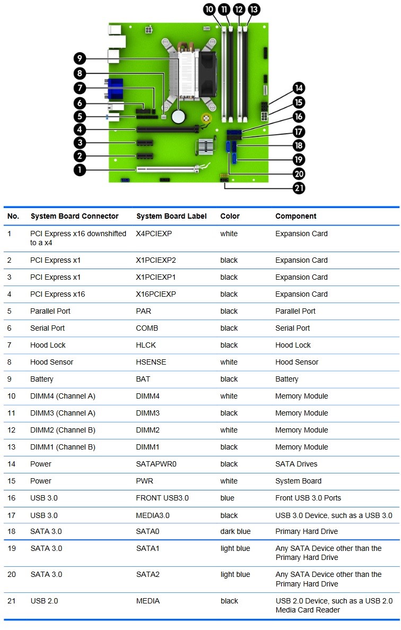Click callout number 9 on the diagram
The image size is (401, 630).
point(80,58)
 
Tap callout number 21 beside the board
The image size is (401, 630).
point(299,187)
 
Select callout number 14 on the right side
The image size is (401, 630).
point(299,88)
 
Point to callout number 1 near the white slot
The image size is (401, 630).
point(80,170)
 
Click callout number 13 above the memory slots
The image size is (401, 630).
point(254,9)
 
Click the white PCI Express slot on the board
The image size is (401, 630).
point(167,170)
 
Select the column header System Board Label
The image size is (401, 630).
point(168,216)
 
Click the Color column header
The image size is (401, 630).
point(230,216)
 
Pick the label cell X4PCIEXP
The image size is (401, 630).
point(154,234)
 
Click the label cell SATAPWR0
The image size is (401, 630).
point(156,464)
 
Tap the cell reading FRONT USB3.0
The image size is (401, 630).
point(162,498)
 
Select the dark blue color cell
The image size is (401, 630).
point(235,531)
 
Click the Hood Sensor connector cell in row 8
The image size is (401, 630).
point(51,362)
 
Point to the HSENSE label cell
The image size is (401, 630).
point(151,362)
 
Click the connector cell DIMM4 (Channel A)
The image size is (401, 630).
point(63,396)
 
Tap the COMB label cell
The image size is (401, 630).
point(147,328)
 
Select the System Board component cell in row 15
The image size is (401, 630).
point(295,481)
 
